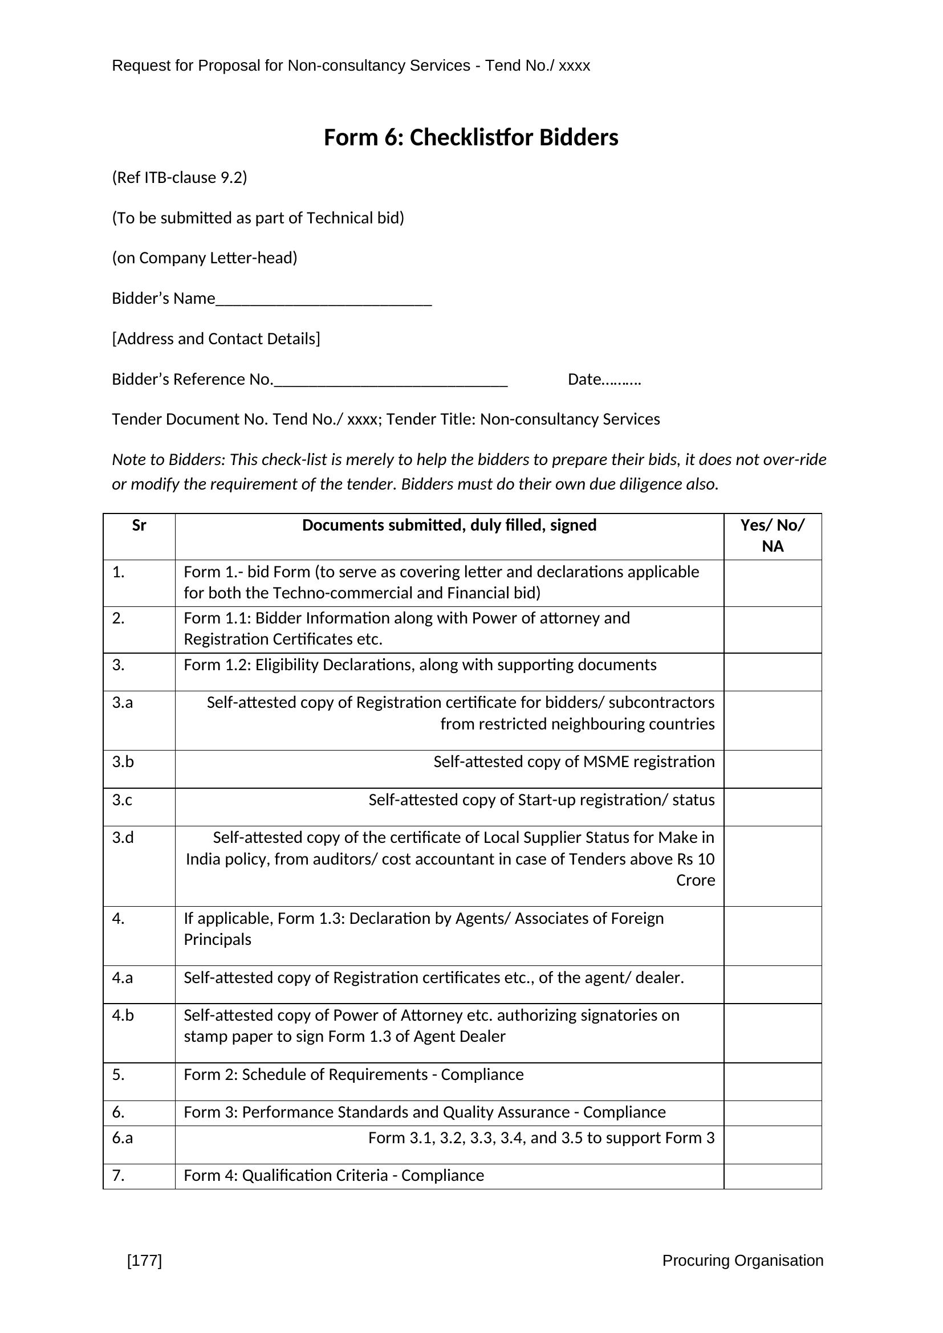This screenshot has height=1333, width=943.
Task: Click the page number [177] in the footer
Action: (x=144, y=1260)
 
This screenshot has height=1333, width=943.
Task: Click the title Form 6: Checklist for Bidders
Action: (x=470, y=137)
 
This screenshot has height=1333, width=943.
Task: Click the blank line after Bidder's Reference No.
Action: (x=391, y=381)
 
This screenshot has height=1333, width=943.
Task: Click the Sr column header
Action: (x=139, y=525)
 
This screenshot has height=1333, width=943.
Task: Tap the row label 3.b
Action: (x=123, y=762)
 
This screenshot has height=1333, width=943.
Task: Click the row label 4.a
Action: (x=123, y=978)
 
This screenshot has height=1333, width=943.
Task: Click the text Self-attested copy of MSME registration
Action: (x=574, y=762)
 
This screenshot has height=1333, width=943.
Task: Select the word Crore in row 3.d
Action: (x=695, y=880)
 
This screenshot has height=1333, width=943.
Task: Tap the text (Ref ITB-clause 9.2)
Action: (x=180, y=178)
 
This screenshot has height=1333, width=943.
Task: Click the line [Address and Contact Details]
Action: (x=216, y=339)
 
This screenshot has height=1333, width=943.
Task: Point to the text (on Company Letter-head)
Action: (x=205, y=258)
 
